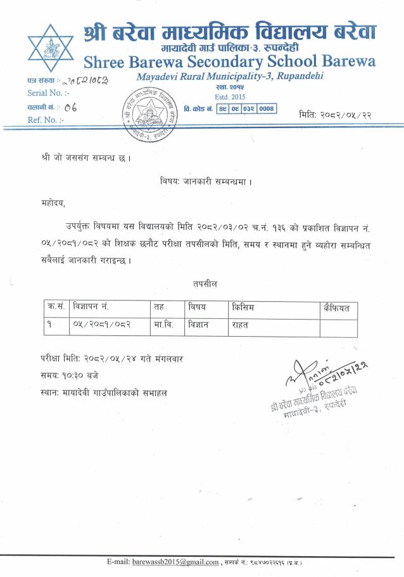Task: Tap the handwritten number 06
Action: point(70,107)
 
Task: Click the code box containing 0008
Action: point(267,108)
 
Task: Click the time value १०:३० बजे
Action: point(79,377)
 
